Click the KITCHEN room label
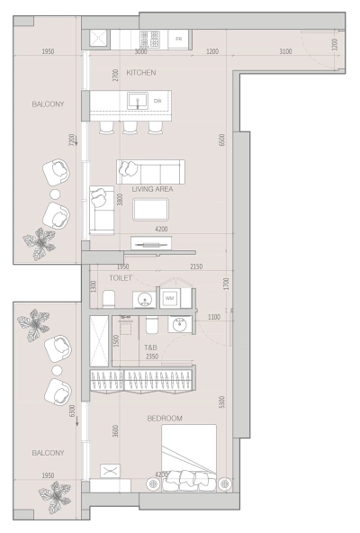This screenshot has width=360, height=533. (x=141, y=71)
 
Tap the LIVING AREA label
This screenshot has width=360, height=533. (x=152, y=190)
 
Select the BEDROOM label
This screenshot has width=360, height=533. (x=166, y=419)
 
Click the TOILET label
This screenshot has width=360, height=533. (x=121, y=278)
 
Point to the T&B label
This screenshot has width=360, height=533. (x=151, y=346)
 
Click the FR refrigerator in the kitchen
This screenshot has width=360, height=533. (x=179, y=40)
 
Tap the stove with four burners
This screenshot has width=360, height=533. (x=150, y=40)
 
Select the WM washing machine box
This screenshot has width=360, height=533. (x=169, y=298)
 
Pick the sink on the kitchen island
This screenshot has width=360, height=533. (x=138, y=101)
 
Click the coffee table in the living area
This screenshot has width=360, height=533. (x=149, y=211)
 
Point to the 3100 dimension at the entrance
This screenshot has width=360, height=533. (x=284, y=52)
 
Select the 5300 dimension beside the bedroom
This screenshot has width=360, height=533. (x=221, y=402)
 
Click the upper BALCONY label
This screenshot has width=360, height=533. (x=47, y=104)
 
